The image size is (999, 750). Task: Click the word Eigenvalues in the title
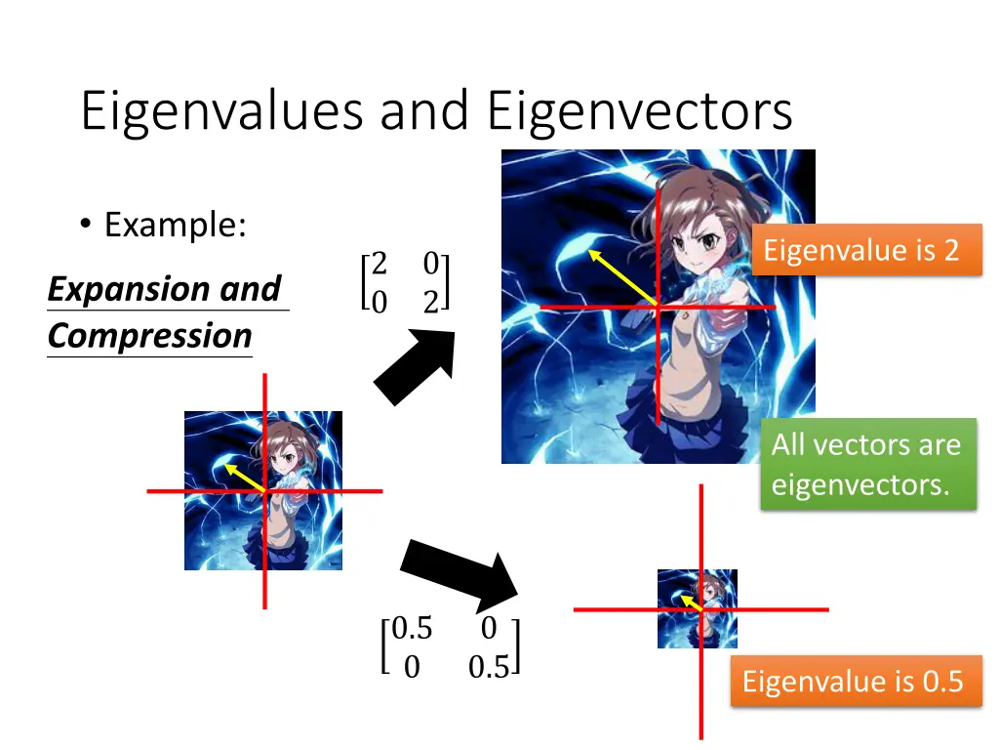pos(222,111)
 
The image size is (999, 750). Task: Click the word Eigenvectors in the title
pos(639,111)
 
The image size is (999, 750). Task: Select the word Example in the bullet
pos(175,226)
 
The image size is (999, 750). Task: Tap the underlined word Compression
pos(149,336)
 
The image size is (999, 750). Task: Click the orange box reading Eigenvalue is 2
pos(860,250)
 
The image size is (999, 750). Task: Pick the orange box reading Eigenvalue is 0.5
pos(853,681)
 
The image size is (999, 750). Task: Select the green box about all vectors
pos(866,464)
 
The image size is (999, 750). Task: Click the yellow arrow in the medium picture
pos(245,478)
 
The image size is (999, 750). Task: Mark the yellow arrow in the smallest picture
pos(691,604)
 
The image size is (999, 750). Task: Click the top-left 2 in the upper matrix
pos(380,264)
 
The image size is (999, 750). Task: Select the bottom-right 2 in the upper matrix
pos(430,303)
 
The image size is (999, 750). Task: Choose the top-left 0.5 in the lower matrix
pos(411,628)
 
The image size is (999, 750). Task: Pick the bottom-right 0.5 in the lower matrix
pos(488,668)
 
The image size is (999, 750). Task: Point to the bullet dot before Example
pos(86,227)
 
